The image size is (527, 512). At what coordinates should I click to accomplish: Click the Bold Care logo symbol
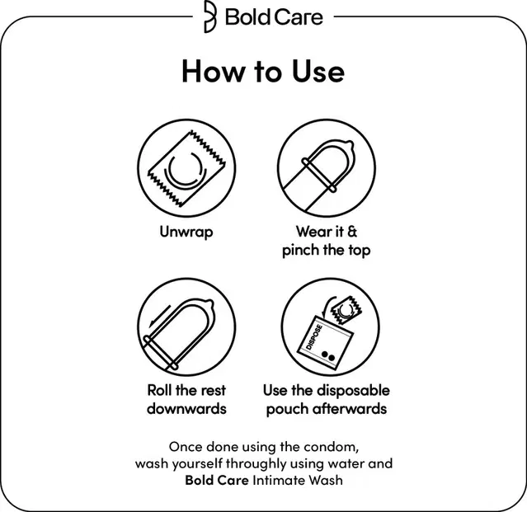click(210, 16)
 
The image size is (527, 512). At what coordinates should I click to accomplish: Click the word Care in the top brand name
click(298, 17)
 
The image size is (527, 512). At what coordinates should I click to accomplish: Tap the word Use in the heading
click(318, 71)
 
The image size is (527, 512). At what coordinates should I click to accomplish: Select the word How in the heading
click(214, 71)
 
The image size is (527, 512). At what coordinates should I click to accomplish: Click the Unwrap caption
click(186, 233)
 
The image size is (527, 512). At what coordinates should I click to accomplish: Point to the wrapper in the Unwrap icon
click(187, 168)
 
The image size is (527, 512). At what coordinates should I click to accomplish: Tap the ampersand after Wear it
click(352, 232)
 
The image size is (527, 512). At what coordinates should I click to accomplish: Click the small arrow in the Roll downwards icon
click(160, 316)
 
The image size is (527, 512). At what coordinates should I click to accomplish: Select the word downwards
click(186, 408)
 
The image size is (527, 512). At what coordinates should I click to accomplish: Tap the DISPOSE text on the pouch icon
click(314, 337)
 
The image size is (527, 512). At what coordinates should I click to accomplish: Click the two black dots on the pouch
click(328, 355)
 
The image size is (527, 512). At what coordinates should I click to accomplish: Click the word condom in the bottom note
click(331, 447)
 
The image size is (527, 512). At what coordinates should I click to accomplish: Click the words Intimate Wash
click(298, 480)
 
